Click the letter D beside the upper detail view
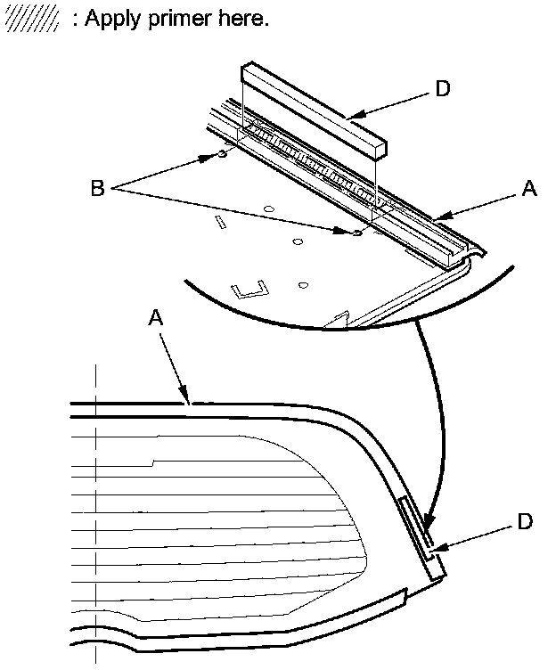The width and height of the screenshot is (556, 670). (442, 88)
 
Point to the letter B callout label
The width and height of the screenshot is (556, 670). (98, 188)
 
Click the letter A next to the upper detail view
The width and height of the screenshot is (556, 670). (529, 188)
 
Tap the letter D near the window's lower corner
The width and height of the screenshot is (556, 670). (525, 522)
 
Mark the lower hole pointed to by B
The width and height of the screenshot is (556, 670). (356, 233)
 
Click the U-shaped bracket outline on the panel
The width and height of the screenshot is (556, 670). (250, 290)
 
